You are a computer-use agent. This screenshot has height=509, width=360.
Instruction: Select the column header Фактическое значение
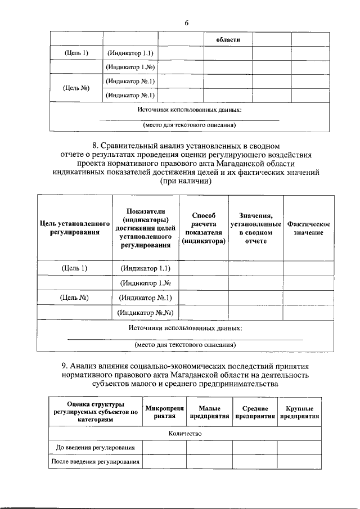pos(308,228)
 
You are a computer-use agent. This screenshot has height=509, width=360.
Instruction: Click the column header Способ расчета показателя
pos(203,228)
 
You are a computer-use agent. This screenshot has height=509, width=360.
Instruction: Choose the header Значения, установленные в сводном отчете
pos(255,228)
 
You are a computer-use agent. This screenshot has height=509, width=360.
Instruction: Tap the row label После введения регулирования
pos(95,462)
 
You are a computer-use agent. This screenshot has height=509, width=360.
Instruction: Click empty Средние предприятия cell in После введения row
pos(255,462)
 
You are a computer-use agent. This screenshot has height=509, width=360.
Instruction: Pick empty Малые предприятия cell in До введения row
pos(210,447)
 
